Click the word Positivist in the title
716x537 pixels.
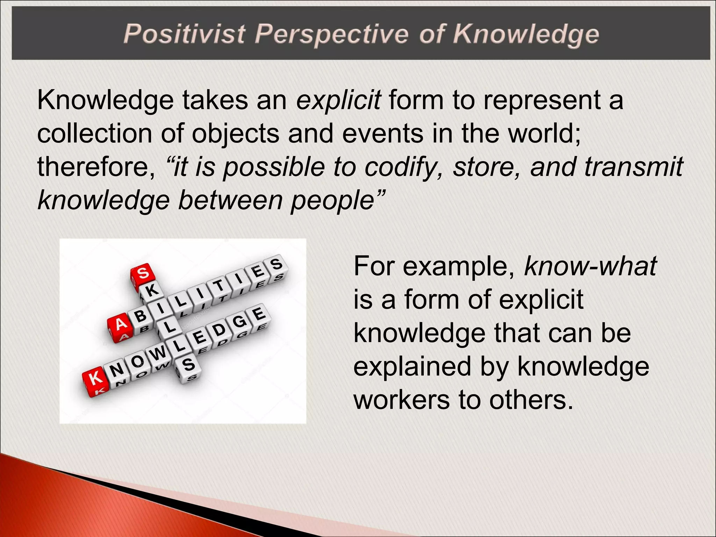click(x=184, y=34)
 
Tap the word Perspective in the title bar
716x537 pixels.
click(x=331, y=34)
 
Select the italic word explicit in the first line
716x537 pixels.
click(x=338, y=100)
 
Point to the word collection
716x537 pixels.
click(x=94, y=134)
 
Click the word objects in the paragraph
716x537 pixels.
click(x=235, y=134)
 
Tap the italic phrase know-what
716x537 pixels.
click(x=590, y=266)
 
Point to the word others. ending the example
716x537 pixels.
click(x=531, y=400)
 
